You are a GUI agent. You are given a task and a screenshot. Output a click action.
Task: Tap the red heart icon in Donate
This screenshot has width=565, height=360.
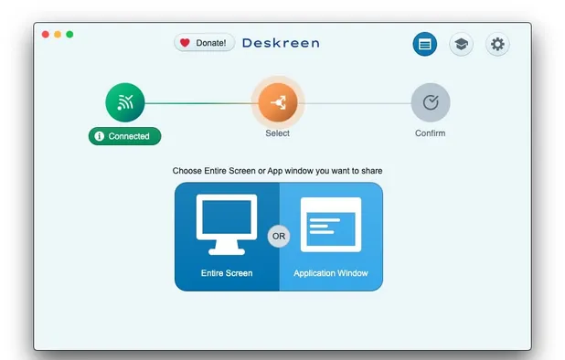tap(185, 42)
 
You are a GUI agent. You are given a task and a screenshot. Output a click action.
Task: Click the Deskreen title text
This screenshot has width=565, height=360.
tap(281, 42)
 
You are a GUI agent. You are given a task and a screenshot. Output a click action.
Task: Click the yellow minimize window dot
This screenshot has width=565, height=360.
tap(58, 35)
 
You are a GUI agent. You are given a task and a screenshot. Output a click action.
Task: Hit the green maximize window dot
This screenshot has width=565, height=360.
tap(69, 35)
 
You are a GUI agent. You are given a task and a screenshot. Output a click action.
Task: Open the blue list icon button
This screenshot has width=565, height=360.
tap(424, 44)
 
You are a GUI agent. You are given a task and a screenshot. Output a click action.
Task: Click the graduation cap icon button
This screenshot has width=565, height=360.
tap(461, 44)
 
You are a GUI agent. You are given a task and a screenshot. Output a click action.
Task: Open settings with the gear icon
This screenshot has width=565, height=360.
tap(496, 44)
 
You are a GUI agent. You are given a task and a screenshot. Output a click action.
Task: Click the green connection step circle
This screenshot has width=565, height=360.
tap(124, 102)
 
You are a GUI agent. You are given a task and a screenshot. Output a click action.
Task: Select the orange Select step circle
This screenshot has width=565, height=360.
tap(277, 102)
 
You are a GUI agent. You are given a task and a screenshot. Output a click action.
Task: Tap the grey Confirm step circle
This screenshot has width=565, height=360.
tap(430, 102)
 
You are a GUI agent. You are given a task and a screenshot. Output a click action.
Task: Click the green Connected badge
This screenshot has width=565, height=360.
tap(124, 136)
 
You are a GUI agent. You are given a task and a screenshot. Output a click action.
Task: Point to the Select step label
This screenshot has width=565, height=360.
tap(277, 133)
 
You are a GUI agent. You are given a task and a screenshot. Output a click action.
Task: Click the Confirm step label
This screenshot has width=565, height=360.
tap(430, 133)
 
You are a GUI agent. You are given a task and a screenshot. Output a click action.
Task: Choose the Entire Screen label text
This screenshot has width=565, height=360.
tap(227, 273)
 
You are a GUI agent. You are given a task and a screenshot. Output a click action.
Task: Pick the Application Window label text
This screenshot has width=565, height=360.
tap(331, 273)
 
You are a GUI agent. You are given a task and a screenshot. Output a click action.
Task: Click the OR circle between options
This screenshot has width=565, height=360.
tap(279, 236)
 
